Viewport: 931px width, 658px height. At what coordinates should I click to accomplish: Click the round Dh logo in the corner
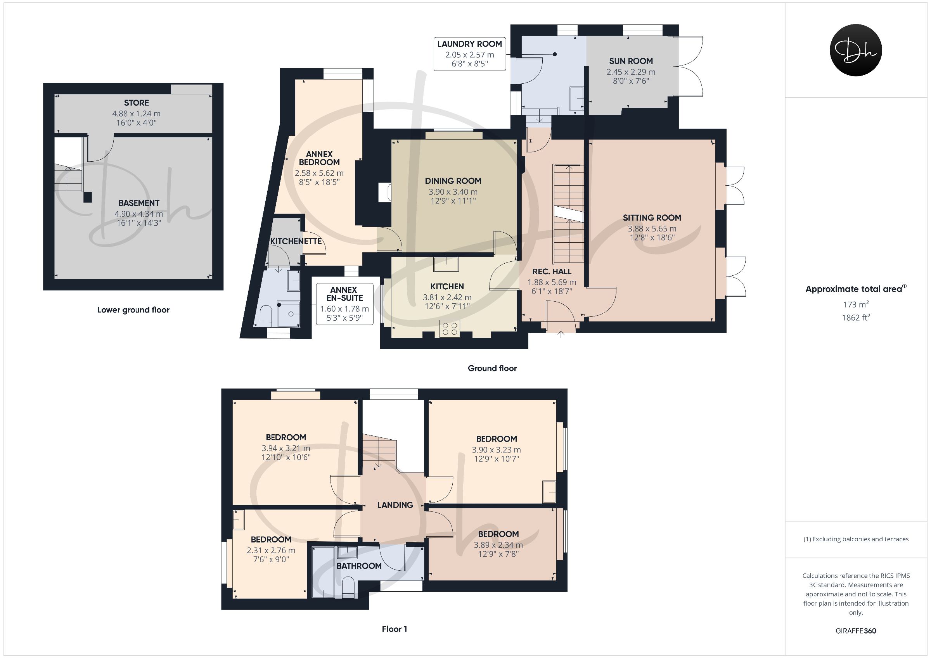point(856,50)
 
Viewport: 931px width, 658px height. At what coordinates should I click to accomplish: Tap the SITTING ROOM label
point(652,218)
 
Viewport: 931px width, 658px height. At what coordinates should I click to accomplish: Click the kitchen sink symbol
point(446,264)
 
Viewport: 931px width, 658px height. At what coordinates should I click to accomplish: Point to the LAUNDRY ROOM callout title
point(469,44)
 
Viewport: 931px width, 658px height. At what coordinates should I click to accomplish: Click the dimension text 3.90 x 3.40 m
point(453,192)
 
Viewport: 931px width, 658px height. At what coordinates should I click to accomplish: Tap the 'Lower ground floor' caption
point(133,310)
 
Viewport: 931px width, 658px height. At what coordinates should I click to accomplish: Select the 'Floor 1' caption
point(394,629)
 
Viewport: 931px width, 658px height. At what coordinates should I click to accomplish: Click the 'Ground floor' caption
point(492,368)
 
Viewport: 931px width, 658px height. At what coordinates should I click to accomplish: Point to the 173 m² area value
point(855,304)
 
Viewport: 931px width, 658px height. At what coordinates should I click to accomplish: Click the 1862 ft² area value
point(855,318)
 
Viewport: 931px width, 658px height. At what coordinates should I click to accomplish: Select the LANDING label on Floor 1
point(395,505)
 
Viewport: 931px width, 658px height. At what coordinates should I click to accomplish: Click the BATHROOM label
point(359,566)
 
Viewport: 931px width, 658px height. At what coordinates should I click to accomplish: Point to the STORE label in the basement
point(136,103)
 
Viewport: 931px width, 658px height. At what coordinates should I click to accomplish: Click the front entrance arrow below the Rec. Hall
point(561,335)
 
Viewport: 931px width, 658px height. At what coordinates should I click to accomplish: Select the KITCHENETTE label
point(296,241)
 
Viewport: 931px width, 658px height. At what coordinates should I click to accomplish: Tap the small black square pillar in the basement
point(88,197)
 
